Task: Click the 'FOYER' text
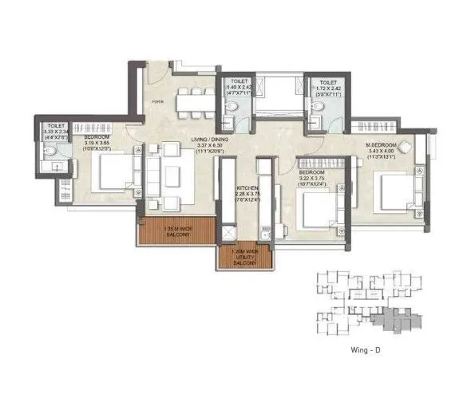[x=158, y=101]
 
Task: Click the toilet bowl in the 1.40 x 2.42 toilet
[x=229, y=121]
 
